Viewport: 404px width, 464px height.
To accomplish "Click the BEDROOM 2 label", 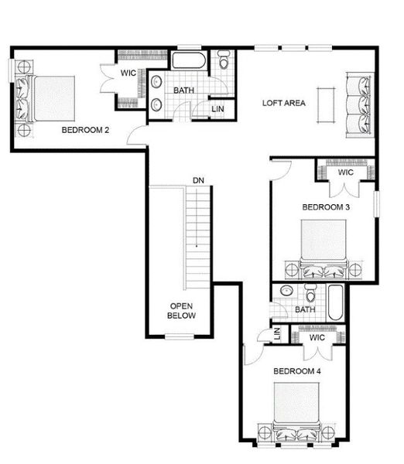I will tap(84, 130).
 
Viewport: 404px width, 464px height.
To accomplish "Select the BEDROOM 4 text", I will tap(296, 371).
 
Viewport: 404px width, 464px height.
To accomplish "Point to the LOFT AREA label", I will tap(284, 103).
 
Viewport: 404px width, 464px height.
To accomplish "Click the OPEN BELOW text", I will tap(182, 311).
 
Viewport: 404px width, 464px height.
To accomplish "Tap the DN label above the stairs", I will tap(198, 181).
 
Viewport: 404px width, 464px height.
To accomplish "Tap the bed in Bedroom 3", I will tap(323, 247).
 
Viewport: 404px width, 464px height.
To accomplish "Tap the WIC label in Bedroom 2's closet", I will tap(128, 74).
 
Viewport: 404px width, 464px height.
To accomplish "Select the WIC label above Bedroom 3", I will tap(346, 172).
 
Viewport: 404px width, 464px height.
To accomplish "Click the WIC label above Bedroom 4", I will tap(316, 337).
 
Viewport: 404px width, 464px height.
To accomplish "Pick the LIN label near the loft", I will tap(219, 109).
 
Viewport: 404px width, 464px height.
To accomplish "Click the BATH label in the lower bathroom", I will tap(304, 310).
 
